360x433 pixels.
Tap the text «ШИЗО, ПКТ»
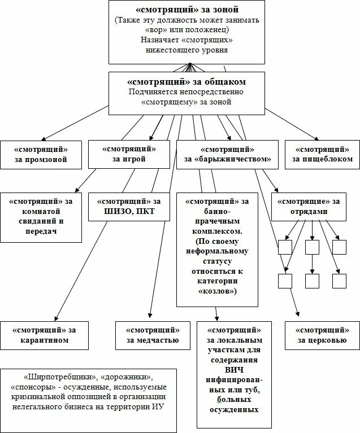[129, 212]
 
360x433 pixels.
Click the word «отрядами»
[307, 212]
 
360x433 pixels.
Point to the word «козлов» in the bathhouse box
[218, 291]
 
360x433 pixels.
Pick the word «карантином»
[45, 340]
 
